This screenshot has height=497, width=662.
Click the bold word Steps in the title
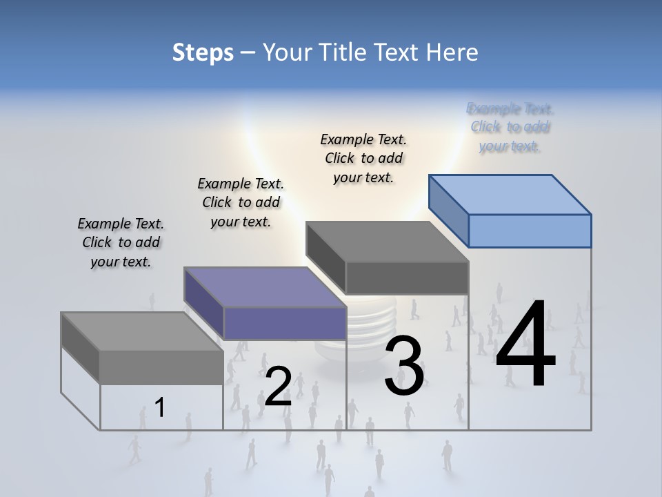pos(203,52)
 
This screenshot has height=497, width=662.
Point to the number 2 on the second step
pos(278,386)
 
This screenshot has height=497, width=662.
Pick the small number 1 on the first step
pos(160,407)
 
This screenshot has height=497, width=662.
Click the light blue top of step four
pos(510,194)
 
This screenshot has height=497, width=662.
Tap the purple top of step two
pos(265,286)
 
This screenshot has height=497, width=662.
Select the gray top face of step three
pos(387,242)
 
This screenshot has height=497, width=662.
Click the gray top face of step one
pos(142,331)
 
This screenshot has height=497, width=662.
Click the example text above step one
pos(121,242)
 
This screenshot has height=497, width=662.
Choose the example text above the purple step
pos(241,202)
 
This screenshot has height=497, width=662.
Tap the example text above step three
pos(363,158)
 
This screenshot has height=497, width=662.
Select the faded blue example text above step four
pos(510,127)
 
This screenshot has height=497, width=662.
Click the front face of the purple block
pos(285,323)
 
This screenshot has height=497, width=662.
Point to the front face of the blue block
pos(530,231)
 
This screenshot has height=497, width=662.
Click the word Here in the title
pos(454,52)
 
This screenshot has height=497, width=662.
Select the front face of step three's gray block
pos(407,278)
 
